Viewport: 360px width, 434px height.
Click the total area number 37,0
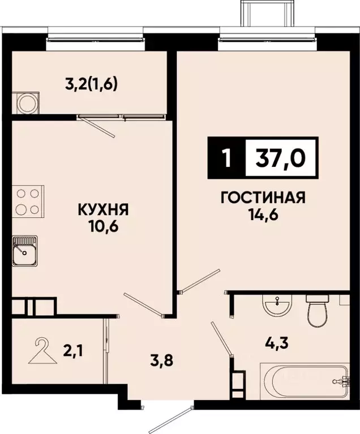pos(281,157)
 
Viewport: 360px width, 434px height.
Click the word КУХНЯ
pos(103,210)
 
